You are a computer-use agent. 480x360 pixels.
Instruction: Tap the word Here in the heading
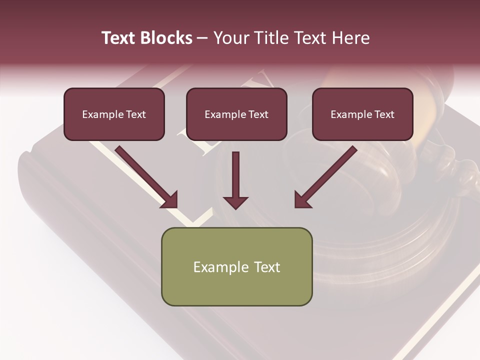[x=350, y=38]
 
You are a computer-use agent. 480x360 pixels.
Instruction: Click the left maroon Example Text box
[x=114, y=114]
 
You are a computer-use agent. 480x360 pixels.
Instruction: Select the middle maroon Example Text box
[x=236, y=114]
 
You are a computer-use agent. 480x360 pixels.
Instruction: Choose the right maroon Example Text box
[x=362, y=114]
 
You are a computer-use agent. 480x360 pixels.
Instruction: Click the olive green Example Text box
[x=236, y=266]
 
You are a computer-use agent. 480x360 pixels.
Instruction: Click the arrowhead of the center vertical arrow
[x=235, y=202]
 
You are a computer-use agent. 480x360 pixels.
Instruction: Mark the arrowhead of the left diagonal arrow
[x=170, y=200]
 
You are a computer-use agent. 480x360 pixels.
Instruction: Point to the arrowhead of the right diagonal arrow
[x=302, y=200]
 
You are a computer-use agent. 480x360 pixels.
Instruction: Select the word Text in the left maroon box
[x=135, y=114]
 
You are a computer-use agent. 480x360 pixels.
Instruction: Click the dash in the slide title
[x=202, y=38]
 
